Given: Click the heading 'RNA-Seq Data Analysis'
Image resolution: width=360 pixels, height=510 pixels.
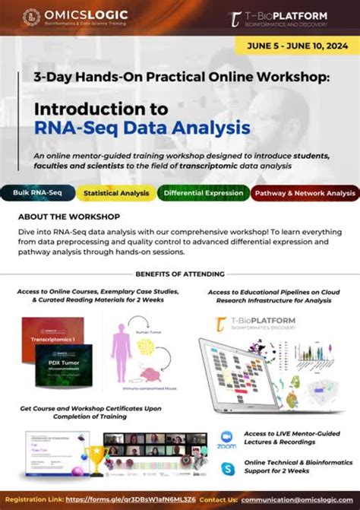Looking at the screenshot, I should coord(142,127).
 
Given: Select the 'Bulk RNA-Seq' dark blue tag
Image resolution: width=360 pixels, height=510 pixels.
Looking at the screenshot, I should coord(36,193).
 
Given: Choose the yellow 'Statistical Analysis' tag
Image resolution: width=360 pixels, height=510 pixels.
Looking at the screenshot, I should coord(115,193).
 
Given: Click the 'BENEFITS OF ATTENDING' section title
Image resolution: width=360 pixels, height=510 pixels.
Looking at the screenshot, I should coord(179,273).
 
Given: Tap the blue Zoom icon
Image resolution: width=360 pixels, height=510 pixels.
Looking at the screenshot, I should coord(226,439).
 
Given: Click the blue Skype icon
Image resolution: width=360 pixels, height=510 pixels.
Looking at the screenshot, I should coord(226,466).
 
